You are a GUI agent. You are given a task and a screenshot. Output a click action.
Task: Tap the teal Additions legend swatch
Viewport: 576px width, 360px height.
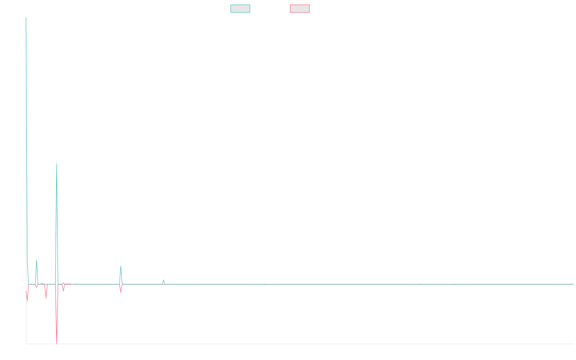pyautogui.click(x=240, y=9)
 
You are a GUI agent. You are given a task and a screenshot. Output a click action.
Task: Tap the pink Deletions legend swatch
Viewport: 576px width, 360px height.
pyautogui.click(x=300, y=9)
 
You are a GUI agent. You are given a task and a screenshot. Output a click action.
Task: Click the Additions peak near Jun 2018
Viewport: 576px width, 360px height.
pyautogui.click(x=57, y=164)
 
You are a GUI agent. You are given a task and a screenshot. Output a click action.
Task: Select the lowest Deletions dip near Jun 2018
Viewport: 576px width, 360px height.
pyautogui.click(x=57, y=343)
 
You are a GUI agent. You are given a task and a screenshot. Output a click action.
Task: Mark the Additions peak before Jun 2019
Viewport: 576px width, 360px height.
pyautogui.click(x=121, y=266)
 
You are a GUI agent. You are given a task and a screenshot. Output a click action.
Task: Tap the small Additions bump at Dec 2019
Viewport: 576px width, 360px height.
pyautogui.click(x=163, y=279)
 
